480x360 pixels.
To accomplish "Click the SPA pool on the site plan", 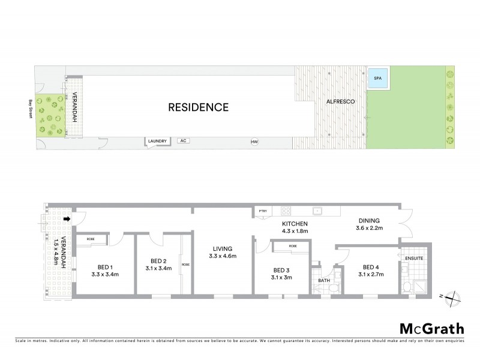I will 377,78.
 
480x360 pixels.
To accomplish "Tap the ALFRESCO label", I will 341,102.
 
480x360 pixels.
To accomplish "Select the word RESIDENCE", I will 198,108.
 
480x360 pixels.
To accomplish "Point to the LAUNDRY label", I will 157,141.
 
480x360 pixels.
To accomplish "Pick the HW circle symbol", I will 254,142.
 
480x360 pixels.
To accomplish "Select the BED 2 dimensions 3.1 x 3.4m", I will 159,268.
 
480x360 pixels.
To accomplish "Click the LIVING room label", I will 222,248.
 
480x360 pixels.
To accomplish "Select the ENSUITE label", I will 413,258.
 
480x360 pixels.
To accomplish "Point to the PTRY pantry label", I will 262,211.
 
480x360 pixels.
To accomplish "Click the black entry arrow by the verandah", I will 67,219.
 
